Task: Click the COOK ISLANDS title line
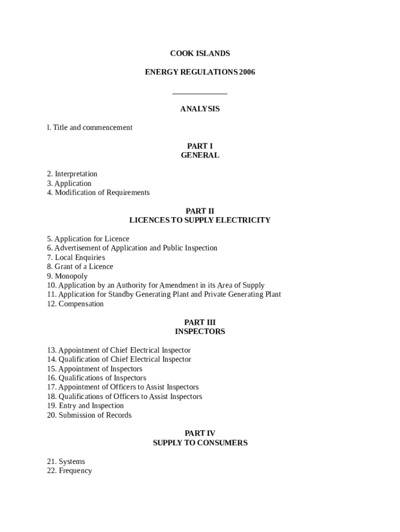tap(200, 54)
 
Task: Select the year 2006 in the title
tap(247, 72)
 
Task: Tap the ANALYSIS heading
tap(200, 109)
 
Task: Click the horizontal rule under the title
tap(200, 94)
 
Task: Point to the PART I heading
tap(200, 146)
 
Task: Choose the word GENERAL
tap(200, 155)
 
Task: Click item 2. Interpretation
tap(72, 174)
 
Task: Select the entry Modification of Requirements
tap(102, 193)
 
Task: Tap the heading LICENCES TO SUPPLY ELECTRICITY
tap(200, 220)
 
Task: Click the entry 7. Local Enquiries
tap(76, 258)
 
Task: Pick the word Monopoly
tap(71, 276)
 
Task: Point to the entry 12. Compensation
tap(75, 304)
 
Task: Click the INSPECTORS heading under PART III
tap(200, 331)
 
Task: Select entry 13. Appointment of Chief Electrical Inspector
tap(119, 350)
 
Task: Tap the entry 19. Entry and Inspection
tap(85, 406)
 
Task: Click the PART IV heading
tap(200, 433)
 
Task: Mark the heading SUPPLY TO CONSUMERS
tap(200, 443)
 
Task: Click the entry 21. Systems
tap(66, 462)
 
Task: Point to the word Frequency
tap(75, 471)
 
